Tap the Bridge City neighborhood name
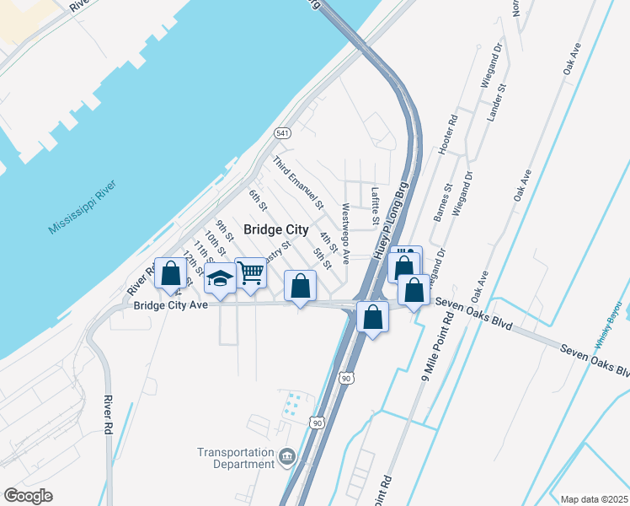pos(275,229)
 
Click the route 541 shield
pos(282,133)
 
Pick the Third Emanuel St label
pos(297,181)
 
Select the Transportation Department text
pos(236,458)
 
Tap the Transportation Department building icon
pos(287,458)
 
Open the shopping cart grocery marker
pos(250,272)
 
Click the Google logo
pos(28,496)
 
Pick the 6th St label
pos(258,200)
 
